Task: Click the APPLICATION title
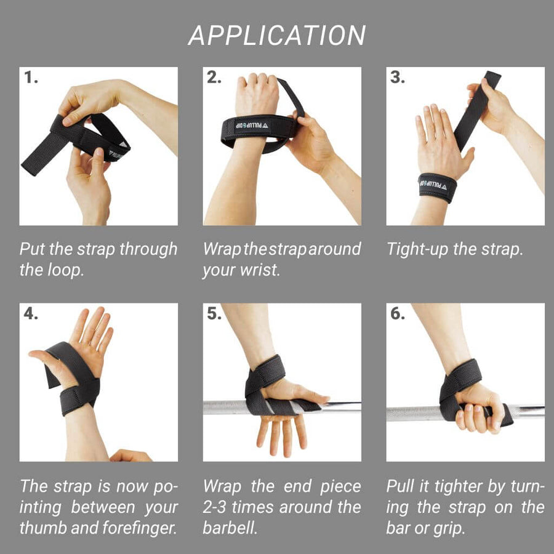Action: [277, 35]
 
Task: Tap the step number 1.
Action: [31, 78]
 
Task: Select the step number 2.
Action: [214, 78]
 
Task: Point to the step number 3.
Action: [397, 78]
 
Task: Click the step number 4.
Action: [31, 313]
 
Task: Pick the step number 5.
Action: [214, 313]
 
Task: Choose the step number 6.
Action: [397, 313]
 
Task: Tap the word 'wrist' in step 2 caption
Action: [259, 270]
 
